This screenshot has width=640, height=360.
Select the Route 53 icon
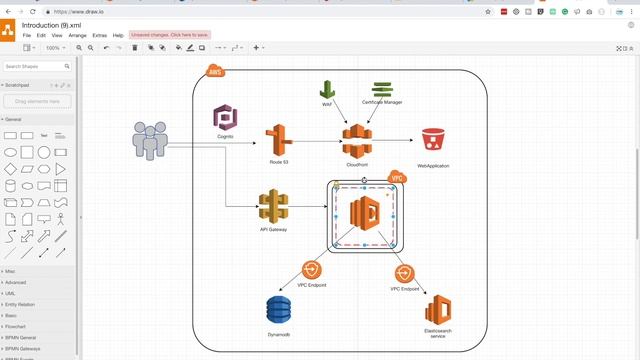point(279,141)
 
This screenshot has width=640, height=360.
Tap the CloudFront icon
point(357,141)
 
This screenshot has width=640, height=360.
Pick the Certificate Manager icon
point(382,90)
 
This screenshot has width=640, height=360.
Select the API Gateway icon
point(273,206)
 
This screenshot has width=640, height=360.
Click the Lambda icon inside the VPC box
point(364,214)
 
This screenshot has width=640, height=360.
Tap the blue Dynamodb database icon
point(280,311)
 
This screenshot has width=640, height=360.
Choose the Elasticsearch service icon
point(437,311)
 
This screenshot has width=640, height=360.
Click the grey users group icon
point(150,141)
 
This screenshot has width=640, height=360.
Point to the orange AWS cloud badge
point(215,71)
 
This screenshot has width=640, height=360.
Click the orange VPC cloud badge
point(396,177)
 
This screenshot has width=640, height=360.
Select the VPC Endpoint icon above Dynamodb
point(312,270)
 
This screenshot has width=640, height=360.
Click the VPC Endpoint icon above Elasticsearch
point(402,273)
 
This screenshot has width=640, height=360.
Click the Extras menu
point(99,35)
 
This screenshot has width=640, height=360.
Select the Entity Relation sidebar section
point(20,304)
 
